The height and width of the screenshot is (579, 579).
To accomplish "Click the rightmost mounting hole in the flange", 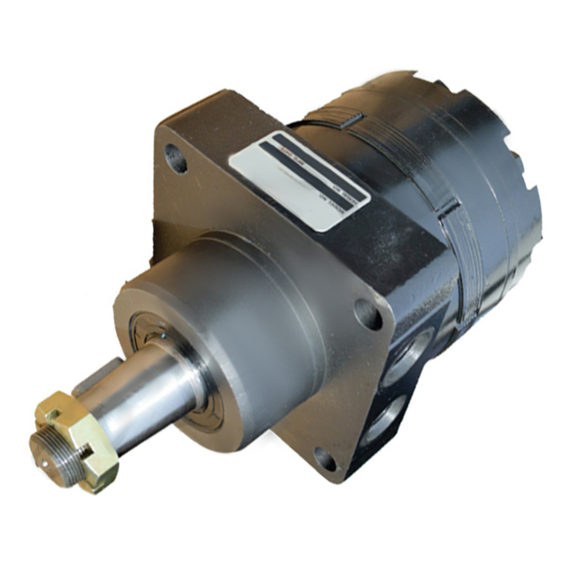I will pyautogui.click(x=368, y=314).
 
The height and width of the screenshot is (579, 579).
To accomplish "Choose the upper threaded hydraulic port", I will pyautogui.click(x=410, y=352).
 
